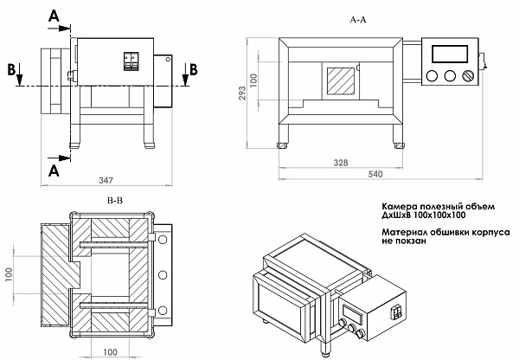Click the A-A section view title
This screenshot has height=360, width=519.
pos(357,17)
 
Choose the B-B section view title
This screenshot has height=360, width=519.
pos(115,199)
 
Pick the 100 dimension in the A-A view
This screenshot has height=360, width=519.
pos(254,79)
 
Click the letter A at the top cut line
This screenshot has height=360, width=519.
pos(54,16)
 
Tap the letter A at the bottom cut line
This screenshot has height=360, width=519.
pos(54,170)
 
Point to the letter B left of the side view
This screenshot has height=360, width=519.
pos(11,69)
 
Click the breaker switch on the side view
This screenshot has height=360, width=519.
pos(131,61)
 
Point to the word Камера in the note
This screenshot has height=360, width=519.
pos(400,205)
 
